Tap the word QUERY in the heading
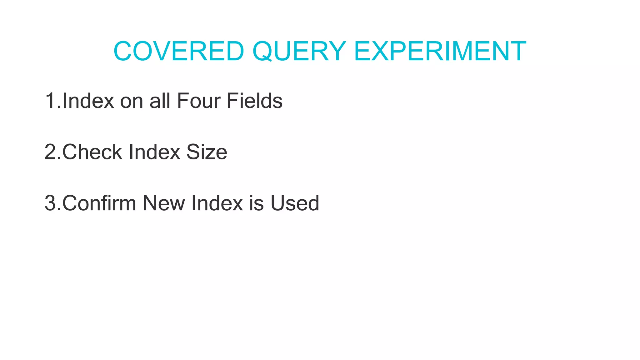coord(299,51)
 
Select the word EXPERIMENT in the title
coord(440,51)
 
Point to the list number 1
coord(51,101)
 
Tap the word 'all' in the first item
coord(159,101)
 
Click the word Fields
coord(254,101)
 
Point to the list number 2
coord(51,152)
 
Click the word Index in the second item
coord(154,152)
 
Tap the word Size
coord(207,152)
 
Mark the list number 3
coord(51,203)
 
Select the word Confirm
coord(99,203)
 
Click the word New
coord(164,203)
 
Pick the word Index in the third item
coord(217,203)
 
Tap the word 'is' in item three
coord(256,203)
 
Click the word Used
coord(295,203)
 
